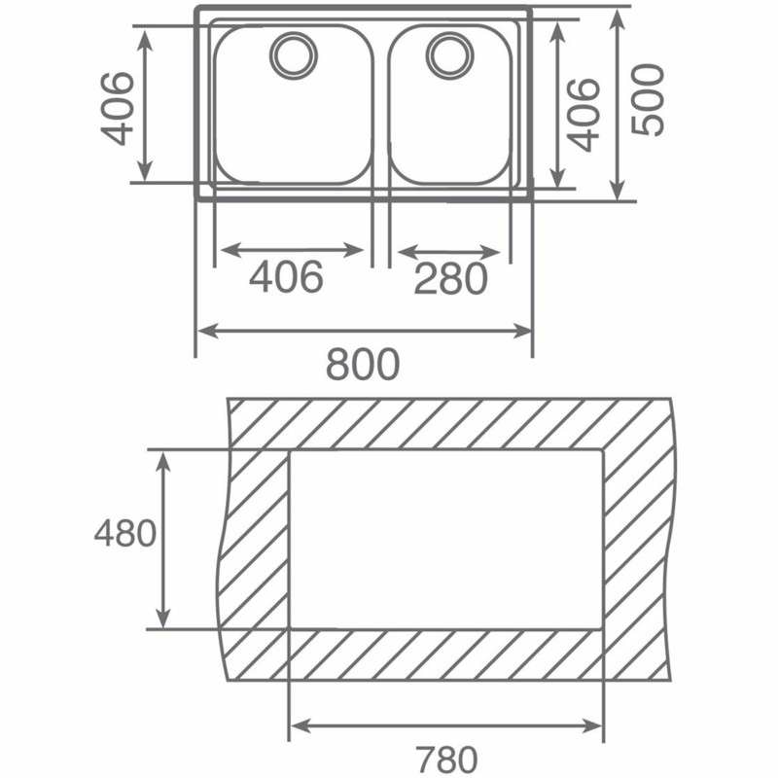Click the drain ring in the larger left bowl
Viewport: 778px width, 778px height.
pos(294,55)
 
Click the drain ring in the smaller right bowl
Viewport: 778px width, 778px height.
pos(450,55)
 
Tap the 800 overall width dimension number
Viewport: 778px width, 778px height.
pos(363,364)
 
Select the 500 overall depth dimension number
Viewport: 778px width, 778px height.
pos(648,99)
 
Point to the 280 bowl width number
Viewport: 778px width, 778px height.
pos(450,278)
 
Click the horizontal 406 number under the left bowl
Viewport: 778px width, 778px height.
pos(286,276)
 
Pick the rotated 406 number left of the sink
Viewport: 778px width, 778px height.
pos(117,109)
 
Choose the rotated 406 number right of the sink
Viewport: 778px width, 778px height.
pos(583,115)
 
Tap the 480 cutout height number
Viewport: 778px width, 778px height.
pos(125,534)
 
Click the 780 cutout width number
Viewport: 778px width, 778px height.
pos(446,760)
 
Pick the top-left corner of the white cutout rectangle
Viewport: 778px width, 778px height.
pos(289,450)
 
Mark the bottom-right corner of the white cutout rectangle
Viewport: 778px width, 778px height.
pos(603,629)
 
